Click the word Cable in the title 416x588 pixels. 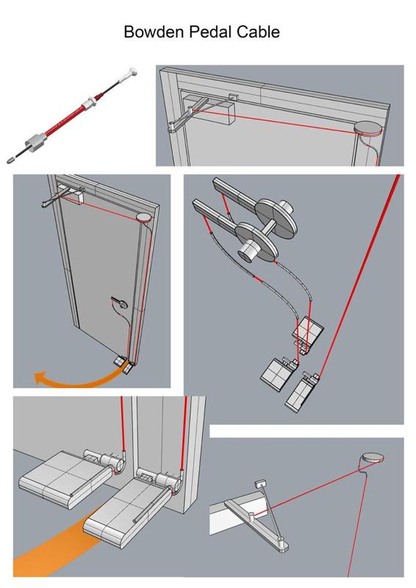(x=258, y=32)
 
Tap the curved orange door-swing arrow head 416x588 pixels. (x=40, y=378)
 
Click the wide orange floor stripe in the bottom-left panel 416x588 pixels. (x=57, y=544)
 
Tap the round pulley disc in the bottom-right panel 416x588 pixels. (x=373, y=458)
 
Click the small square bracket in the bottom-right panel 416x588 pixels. (x=260, y=484)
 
